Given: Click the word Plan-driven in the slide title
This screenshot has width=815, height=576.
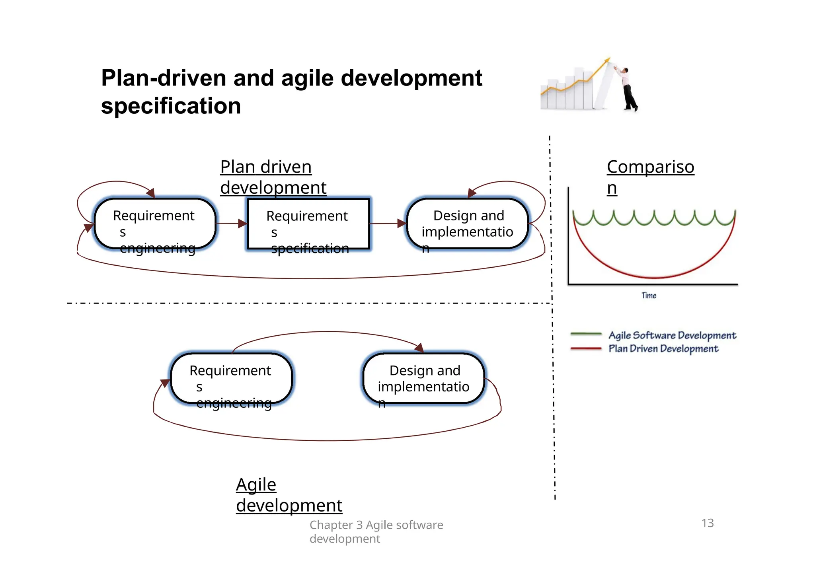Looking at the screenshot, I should point(163,78).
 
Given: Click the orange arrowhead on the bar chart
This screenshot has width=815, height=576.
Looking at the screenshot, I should point(606,60).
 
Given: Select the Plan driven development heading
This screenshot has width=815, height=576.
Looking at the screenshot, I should point(273,177).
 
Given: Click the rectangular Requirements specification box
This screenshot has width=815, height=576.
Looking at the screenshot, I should point(308,224).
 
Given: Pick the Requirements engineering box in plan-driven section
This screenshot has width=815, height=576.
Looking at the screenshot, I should point(155,224).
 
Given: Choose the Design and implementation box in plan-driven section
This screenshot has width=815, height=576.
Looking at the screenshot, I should point(468,224).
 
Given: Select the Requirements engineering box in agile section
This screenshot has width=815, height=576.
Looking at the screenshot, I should point(231,378).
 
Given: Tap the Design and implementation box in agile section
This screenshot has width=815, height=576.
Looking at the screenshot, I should point(424,378).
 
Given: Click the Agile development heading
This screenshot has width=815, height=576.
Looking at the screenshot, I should point(289,495).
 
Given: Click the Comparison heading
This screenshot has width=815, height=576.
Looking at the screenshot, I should point(650,177).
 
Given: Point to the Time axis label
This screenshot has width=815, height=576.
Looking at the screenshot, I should point(649,296).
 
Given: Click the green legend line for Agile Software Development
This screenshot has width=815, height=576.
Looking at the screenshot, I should point(586,334).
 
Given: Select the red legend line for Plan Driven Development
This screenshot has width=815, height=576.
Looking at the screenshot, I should point(586,348).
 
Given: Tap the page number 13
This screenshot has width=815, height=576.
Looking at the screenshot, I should point(708,523).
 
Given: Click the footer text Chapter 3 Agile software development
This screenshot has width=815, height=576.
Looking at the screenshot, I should point(376,531).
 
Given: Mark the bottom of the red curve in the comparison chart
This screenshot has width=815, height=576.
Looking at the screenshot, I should point(654,277).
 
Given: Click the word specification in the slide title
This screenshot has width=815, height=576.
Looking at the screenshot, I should point(171,107).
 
